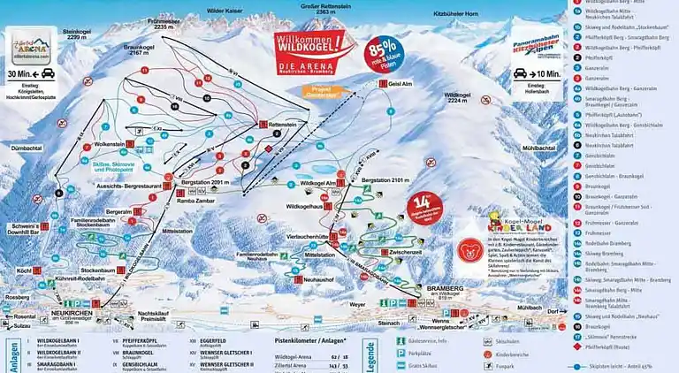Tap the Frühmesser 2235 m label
click(172, 24)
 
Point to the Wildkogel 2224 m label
click(463, 96)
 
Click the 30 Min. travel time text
click(21, 74)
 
